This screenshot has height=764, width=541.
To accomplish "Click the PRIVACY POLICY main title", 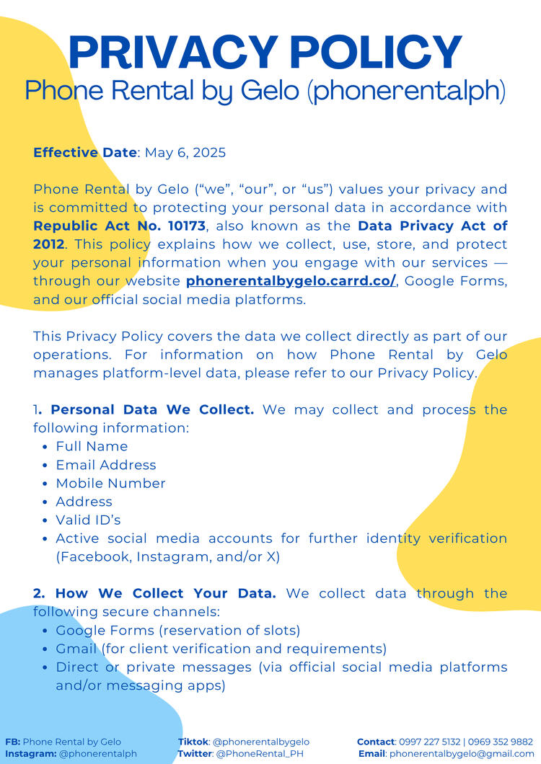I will (x=265, y=52).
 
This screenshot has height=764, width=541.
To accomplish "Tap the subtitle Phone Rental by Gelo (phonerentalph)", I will (x=265, y=91).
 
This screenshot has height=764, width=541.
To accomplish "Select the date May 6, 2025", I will (x=185, y=153).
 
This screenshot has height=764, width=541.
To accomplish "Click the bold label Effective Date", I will (x=85, y=153).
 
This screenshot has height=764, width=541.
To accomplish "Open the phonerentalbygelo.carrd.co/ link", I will (x=291, y=281).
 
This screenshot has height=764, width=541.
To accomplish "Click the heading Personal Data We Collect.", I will (x=152, y=409).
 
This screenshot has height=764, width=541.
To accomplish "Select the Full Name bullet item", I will (x=92, y=447).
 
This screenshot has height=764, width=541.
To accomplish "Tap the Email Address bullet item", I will (x=106, y=465).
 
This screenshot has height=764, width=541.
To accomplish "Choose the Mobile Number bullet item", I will (x=110, y=484).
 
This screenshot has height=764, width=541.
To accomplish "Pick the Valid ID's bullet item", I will (x=84, y=520).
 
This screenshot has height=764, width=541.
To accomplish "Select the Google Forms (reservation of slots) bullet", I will (x=178, y=631).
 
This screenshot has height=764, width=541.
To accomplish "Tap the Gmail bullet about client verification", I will (x=221, y=649).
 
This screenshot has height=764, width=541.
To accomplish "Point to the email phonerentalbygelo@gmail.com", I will (x=462, y=754).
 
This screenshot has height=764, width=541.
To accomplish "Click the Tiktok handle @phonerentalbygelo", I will (x=261, y=742).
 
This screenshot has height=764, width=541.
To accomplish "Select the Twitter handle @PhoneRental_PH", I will (x=260, y=754).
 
